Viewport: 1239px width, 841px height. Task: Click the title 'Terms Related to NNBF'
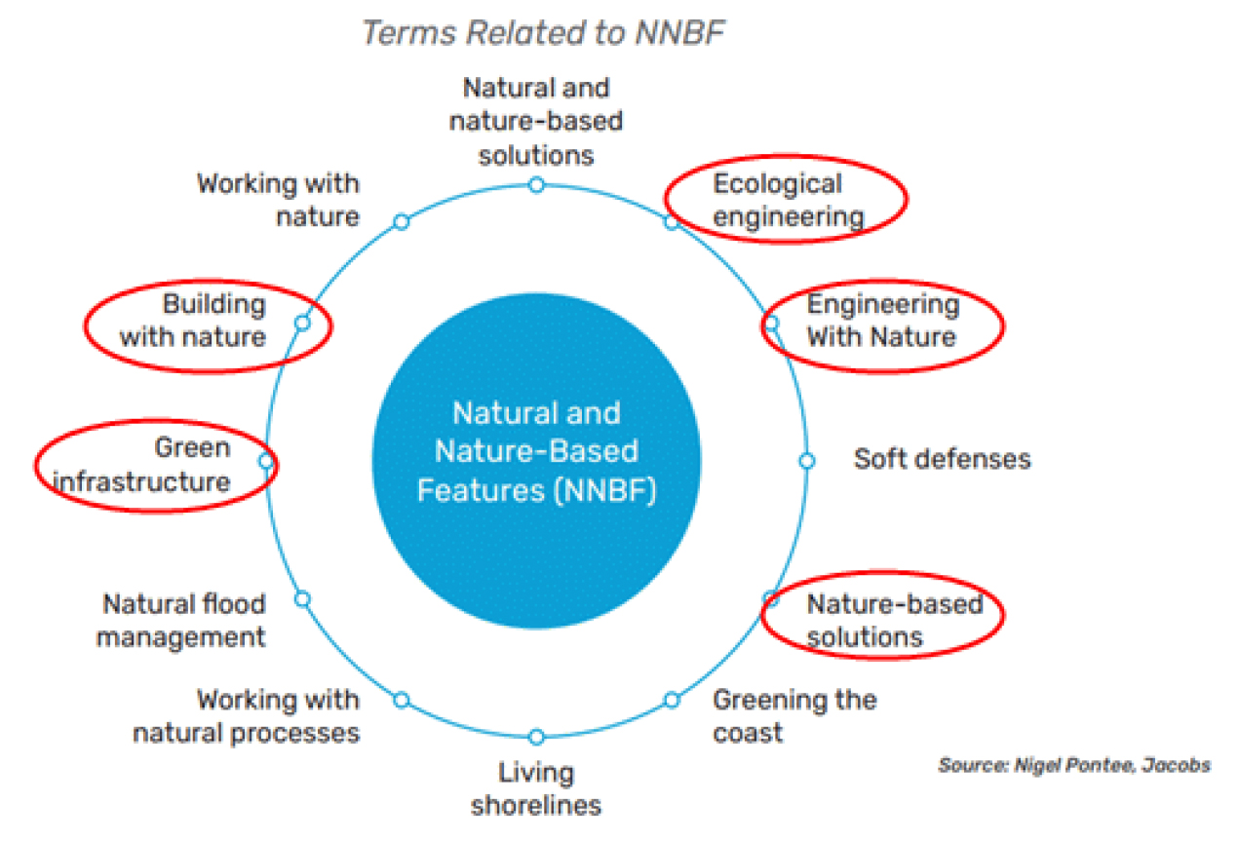pos(544,32)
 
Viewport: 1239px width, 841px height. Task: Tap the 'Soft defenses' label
pos(942,459)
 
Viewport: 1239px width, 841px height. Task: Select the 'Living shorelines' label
pos(536,789)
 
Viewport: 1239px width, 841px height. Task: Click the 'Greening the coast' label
pos(794,716)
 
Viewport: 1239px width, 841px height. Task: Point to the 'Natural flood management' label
pos(181,620)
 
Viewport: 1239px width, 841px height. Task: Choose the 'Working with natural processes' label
pos(246,716)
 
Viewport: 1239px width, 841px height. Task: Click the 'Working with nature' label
pos(278,200)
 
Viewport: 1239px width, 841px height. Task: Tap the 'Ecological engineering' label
pos(789,200)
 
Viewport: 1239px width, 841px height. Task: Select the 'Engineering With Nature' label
pos(883,321)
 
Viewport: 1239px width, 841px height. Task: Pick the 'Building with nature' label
pos(193,321)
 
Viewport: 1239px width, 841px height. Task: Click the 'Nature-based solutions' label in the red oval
pos(895,620)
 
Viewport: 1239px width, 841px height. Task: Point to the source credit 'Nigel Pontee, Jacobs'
pos(1112,765)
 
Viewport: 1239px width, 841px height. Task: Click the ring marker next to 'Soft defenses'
pos(807,461)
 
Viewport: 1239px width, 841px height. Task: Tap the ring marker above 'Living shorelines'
pos(536,737)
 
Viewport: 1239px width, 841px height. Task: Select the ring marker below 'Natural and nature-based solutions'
pos(536,185)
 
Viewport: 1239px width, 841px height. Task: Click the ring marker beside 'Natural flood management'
pos(302,598)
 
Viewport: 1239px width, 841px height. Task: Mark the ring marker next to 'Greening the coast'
pos(672,700)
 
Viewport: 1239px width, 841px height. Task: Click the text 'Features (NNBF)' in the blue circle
pos(536,490)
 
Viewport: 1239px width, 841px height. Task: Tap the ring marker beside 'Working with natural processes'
pos(402,700)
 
